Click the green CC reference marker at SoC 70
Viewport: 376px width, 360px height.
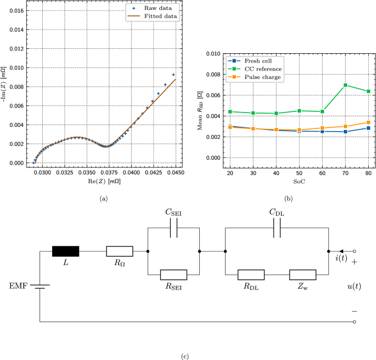pyautogui.click(x=345, y=85)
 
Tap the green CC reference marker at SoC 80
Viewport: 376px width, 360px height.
pyautogui.click(x=368, y=92)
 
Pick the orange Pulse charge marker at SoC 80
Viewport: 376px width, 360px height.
pyautogui.click(x=368, y=122)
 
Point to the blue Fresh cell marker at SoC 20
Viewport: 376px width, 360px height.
pyautogui.click(x=230, y=127)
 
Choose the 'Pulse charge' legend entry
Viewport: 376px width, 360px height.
pyautogui.click(x=255, y=77)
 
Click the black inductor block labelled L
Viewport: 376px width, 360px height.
pyautogui.click(x=65, y=251)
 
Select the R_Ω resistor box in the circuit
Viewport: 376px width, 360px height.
pyautogui.click(x=119, y=251)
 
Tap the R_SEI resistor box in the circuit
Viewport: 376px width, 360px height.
pyautogui.click(x=173, y=274)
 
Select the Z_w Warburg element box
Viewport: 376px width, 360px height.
pyautogui.click(x=302, y=274)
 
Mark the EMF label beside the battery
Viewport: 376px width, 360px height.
pyautogui.click(x=18, y=285)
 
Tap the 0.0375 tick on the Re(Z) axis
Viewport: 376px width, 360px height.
pyautogui.click(x=109, y=172)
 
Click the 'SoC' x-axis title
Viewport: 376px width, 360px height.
pyautogui.click(x=299, y=181)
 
